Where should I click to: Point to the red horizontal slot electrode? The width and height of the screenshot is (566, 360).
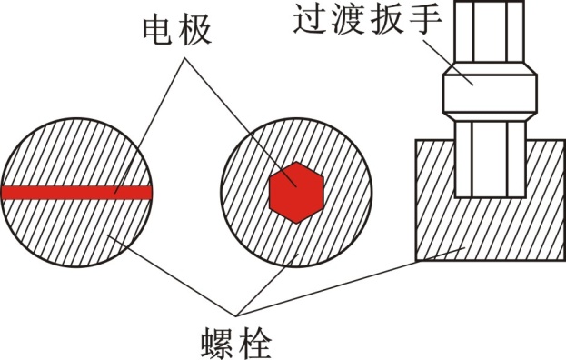tap(76, 192)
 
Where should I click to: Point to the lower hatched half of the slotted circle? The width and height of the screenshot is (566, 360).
tap(76, 232)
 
